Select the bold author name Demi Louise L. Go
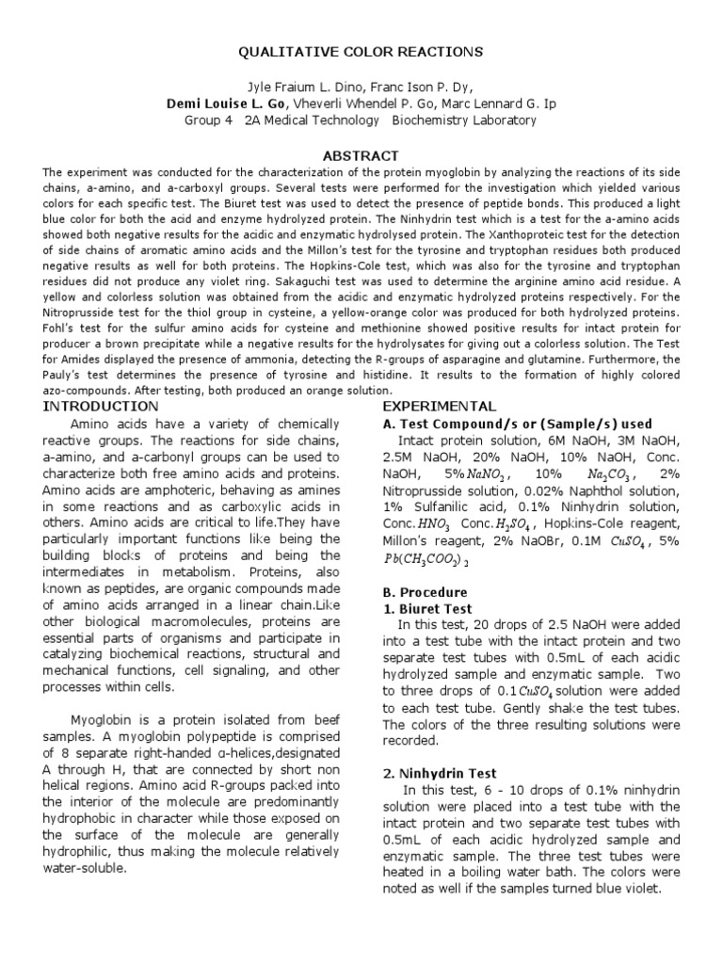240,103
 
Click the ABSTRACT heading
361,155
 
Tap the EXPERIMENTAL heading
439,406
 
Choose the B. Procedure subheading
425,592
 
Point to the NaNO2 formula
485,475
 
